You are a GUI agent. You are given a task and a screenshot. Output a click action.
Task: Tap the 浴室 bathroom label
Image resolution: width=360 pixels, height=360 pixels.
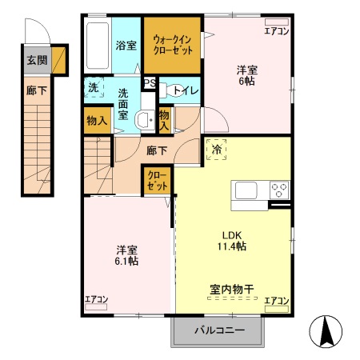click(x=126, y=46)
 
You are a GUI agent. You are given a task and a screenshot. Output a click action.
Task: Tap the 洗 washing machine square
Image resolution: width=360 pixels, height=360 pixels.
click(x=93, y=88)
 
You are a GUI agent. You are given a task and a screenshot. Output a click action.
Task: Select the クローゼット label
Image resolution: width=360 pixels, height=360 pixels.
click(x=155, y=180)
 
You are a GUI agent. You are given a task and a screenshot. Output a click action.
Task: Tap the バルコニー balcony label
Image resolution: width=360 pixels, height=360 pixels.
click(x=217, y=330)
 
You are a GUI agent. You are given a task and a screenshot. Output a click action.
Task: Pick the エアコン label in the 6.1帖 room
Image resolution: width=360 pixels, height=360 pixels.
click(x=97, y=301)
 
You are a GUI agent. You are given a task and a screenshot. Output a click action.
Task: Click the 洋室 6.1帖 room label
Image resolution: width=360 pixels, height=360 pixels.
click(x=125, y=254)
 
